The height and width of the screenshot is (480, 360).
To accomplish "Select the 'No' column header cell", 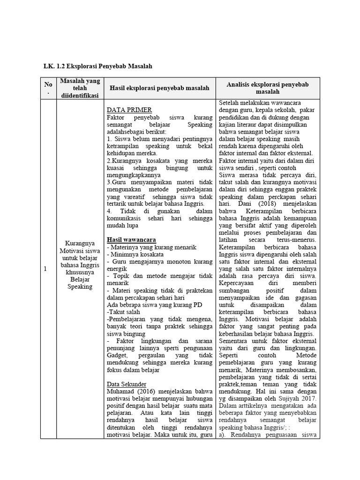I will (x=48, y=88).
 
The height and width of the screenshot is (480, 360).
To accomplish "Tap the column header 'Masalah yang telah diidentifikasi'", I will (x=80, y=88).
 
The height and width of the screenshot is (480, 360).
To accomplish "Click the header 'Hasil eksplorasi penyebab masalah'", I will (x=159, y=88).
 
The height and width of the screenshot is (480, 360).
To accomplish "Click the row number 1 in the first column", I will (x=45, y=269).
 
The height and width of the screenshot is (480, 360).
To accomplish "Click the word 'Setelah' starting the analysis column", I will (x=230, y=103).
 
